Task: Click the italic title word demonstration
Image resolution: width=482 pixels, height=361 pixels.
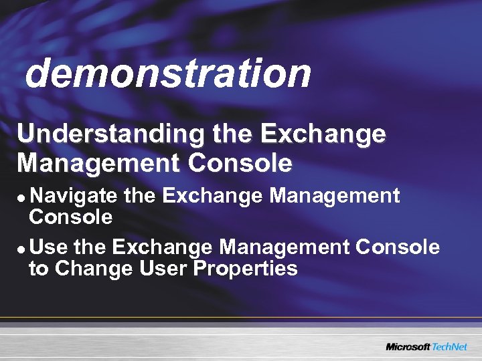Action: click(x=168, y=73)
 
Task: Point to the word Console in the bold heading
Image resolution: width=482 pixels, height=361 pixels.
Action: click(x=240, y=162)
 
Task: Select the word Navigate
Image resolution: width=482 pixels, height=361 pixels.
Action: click(x=74, y=196)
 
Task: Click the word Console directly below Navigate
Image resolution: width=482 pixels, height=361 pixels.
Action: click(x=70, y=217)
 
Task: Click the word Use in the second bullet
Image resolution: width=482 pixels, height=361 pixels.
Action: click(x=49, y=248)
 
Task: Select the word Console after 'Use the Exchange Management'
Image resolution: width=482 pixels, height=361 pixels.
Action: click(x=398, y=248)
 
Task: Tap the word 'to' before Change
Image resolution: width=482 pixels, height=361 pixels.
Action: click(x=39, y=269)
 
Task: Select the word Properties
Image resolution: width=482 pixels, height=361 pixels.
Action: click(x=246, y=270)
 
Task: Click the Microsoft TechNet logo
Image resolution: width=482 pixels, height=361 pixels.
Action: click(x=426, y=346)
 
